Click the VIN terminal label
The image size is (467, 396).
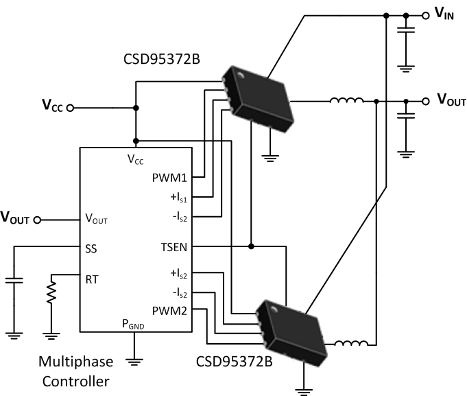pos(444,14)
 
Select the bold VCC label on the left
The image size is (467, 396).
pos(53,107)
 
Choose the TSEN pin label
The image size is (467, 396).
pos(171,246)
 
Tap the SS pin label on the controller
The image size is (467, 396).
pos(91,248)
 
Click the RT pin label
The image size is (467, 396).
pos(91,279)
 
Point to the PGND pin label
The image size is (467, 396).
pos(134,324)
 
